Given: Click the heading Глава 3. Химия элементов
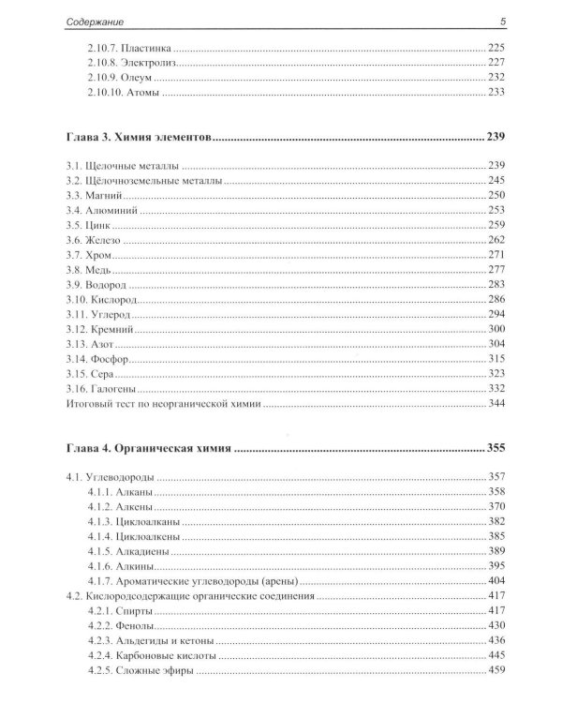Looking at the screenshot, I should pos(135,139).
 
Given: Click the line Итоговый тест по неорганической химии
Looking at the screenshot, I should pos(161,404).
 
